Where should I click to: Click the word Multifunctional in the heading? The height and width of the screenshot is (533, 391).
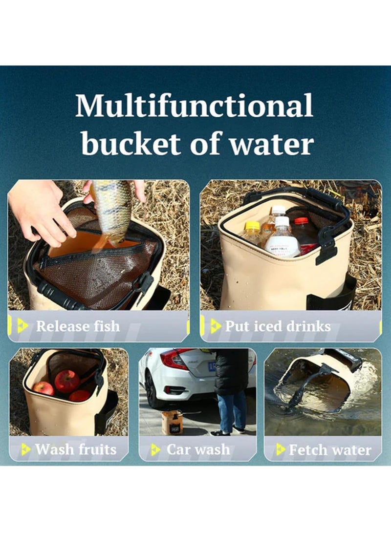click(194, 106)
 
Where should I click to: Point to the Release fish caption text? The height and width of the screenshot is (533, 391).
click(77, 326)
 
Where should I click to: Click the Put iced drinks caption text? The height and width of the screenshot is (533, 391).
click(277, 326)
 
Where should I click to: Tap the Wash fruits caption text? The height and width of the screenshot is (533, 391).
click(76, 449)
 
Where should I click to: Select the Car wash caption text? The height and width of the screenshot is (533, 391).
click(198, 449)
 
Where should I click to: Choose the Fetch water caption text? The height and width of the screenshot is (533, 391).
click(330, 449)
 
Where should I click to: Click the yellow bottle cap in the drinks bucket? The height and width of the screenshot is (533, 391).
click(252, 226)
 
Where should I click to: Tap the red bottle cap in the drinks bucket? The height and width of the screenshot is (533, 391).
click(302, 221)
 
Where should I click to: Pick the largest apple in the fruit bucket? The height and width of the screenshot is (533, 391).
click(67, 381)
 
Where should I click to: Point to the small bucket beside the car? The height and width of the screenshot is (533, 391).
click(172, 422)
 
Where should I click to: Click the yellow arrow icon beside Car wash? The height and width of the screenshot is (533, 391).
click(155, 449)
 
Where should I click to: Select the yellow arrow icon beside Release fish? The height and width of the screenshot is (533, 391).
click(22, 326)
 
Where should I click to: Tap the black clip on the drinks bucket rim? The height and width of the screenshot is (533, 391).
click(326, 252)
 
